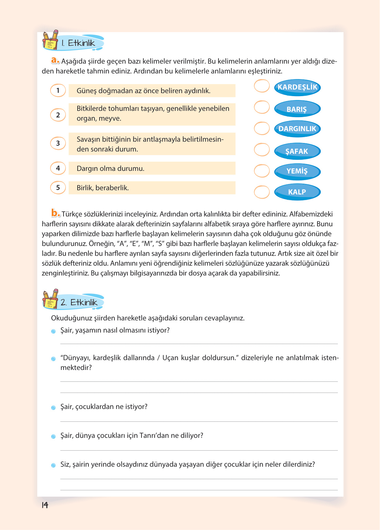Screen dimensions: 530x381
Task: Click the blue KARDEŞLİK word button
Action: click(x=297, y=87)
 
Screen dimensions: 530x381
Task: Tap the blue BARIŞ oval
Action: click(x=297, y=109)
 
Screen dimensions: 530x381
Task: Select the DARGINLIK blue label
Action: click(x=297, y=129)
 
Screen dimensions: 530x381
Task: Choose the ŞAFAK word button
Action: click(x=297, y=151)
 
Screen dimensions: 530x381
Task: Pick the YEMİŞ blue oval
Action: click(x=297, y=171)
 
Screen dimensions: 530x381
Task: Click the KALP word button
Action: click(x=297, y=192)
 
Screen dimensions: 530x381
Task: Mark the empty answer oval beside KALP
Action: click(x=262, y=192)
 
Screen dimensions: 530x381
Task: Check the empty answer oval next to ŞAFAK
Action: click(x=262, y=150)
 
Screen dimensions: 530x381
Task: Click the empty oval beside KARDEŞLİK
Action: click(x=262, y=86)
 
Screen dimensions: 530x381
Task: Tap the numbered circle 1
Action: click(x=58, y=91)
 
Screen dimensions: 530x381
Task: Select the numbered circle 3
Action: click(x=58, y=143)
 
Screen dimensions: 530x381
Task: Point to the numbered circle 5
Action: click(x=58, y=188)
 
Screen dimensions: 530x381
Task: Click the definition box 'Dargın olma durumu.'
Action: click(x=152, y=168)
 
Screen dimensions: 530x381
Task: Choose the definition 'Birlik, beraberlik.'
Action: click(x=152, y=188)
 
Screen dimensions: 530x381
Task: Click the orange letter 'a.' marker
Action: click(x=55, y=60)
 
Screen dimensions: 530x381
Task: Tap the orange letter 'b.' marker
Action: click(x=55, y=213)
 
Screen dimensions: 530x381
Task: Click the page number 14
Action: click(x=45, y=505)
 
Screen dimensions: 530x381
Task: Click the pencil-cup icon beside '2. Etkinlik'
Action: click(x=50, y=299)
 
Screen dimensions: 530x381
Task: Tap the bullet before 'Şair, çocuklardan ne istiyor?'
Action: click(x=53, y=408)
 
